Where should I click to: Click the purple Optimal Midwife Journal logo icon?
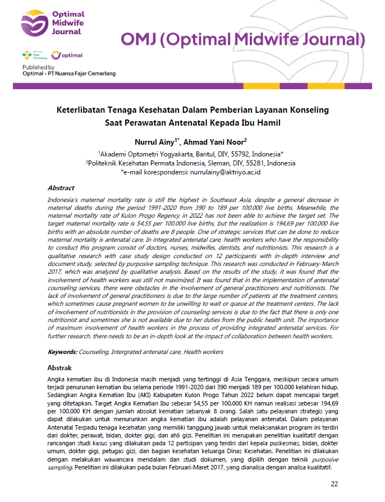[31, 24]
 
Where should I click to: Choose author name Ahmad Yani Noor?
[216, 142]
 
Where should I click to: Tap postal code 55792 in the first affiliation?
[226, 154]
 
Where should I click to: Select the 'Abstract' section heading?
[61, 188]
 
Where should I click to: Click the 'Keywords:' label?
[62, 352]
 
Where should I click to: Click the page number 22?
[334, 484]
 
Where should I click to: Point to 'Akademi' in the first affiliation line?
[115, 154]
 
